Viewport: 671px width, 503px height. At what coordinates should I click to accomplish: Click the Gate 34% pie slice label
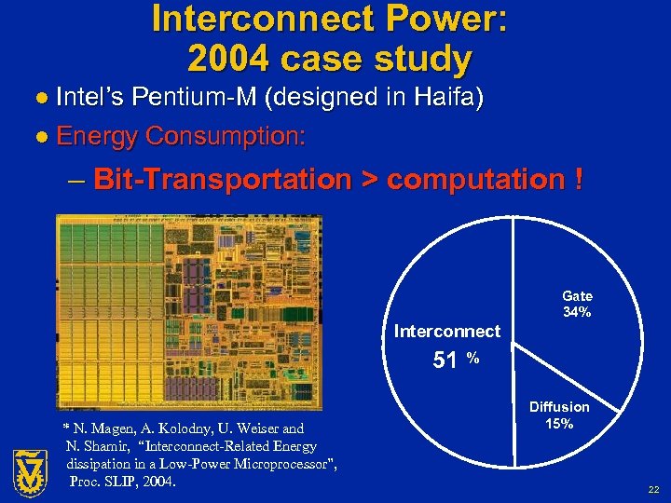point(577,305)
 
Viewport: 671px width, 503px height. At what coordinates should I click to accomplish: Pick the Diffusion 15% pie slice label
point(559,415)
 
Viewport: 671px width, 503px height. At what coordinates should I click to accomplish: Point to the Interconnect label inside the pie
point(447,331)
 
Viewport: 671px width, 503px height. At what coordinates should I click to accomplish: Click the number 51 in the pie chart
point(445,360)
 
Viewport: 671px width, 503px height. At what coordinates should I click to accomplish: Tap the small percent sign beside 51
point(473,357)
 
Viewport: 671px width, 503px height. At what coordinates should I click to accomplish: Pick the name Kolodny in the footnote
point(178,428)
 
